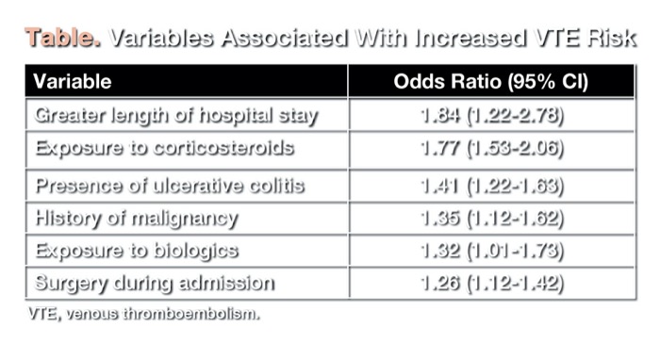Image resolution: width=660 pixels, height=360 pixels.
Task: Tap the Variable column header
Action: click(x=73, y=81)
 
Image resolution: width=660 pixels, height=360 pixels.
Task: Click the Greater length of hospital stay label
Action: click(x=176, y=116)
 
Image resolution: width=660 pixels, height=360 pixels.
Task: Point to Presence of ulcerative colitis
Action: click(x=170, y=185)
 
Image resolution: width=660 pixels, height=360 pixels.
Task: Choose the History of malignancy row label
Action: click(x=136, y=219)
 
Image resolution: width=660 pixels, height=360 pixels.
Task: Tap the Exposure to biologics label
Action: click(x=136, y=251)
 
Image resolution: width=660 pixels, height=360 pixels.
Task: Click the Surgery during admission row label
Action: click(x=155, y=283)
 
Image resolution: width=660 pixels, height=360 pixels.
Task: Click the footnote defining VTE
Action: click(x=141, y=313)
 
